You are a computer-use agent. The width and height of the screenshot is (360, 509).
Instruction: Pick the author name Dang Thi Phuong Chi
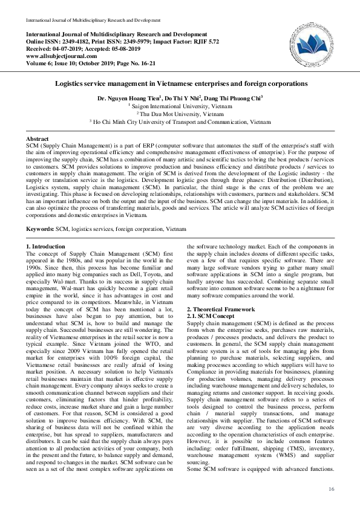[x=233, y=97]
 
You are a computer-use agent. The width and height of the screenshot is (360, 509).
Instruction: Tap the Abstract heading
[x=38, y=139]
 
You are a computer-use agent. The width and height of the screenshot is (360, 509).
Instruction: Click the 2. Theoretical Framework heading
[x=221, y=309]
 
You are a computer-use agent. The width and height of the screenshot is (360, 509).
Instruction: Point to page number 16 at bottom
[x=330, y=488]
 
